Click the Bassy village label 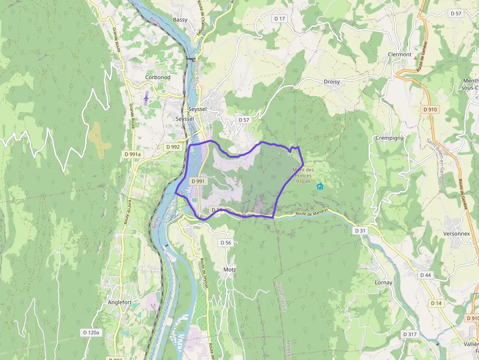click(x=180, y=20)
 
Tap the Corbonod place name click(x=157, y=78)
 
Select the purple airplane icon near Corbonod click(x=146, y=98)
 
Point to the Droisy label click(x=331, y=82)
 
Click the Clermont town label click(x=399, y=55)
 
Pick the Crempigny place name click(x=390, y=138)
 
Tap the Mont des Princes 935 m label click(x=303, y=176)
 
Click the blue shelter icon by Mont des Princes click(x=320, y=186)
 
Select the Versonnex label click(x=457, y=234)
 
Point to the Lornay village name click(x=383, y=283)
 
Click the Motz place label click(x=229, y=270)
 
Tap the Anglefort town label click(x=119, y=302)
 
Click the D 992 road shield click(x=173, y=147)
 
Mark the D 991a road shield click(x=132, y=154)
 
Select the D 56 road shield click(x=225, y=243)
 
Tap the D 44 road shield click(x=425, y=275)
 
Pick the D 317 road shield click(x=409, y=334)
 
